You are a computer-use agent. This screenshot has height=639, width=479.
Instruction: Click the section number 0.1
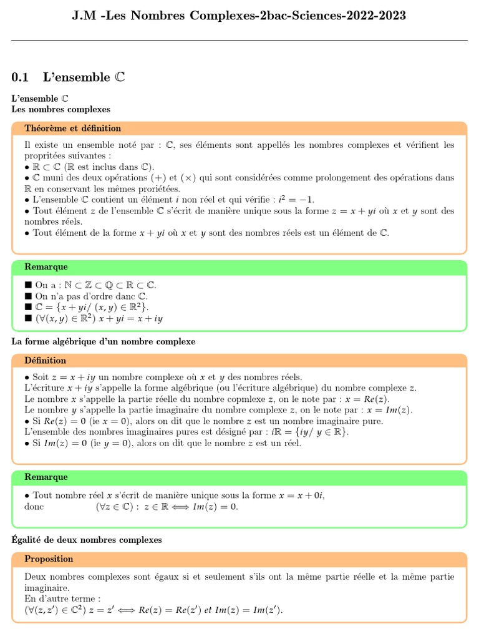tap(21, 77)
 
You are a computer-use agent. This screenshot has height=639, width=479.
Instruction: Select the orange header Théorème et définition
tap(72, 129)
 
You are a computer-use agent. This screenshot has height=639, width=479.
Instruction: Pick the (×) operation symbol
tap(188, 178)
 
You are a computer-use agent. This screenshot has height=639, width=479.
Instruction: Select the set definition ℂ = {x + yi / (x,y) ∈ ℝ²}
tap(92, 308)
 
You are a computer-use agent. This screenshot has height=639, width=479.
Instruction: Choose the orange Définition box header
tap(45, 361)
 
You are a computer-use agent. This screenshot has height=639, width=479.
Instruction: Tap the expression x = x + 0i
tap(301, 496)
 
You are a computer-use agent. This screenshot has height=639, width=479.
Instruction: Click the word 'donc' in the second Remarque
tap(34, 507)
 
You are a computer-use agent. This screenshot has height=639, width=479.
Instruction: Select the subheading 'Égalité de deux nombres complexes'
tap(87, 540)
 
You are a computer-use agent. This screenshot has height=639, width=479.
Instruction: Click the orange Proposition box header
tap(49, 559)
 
